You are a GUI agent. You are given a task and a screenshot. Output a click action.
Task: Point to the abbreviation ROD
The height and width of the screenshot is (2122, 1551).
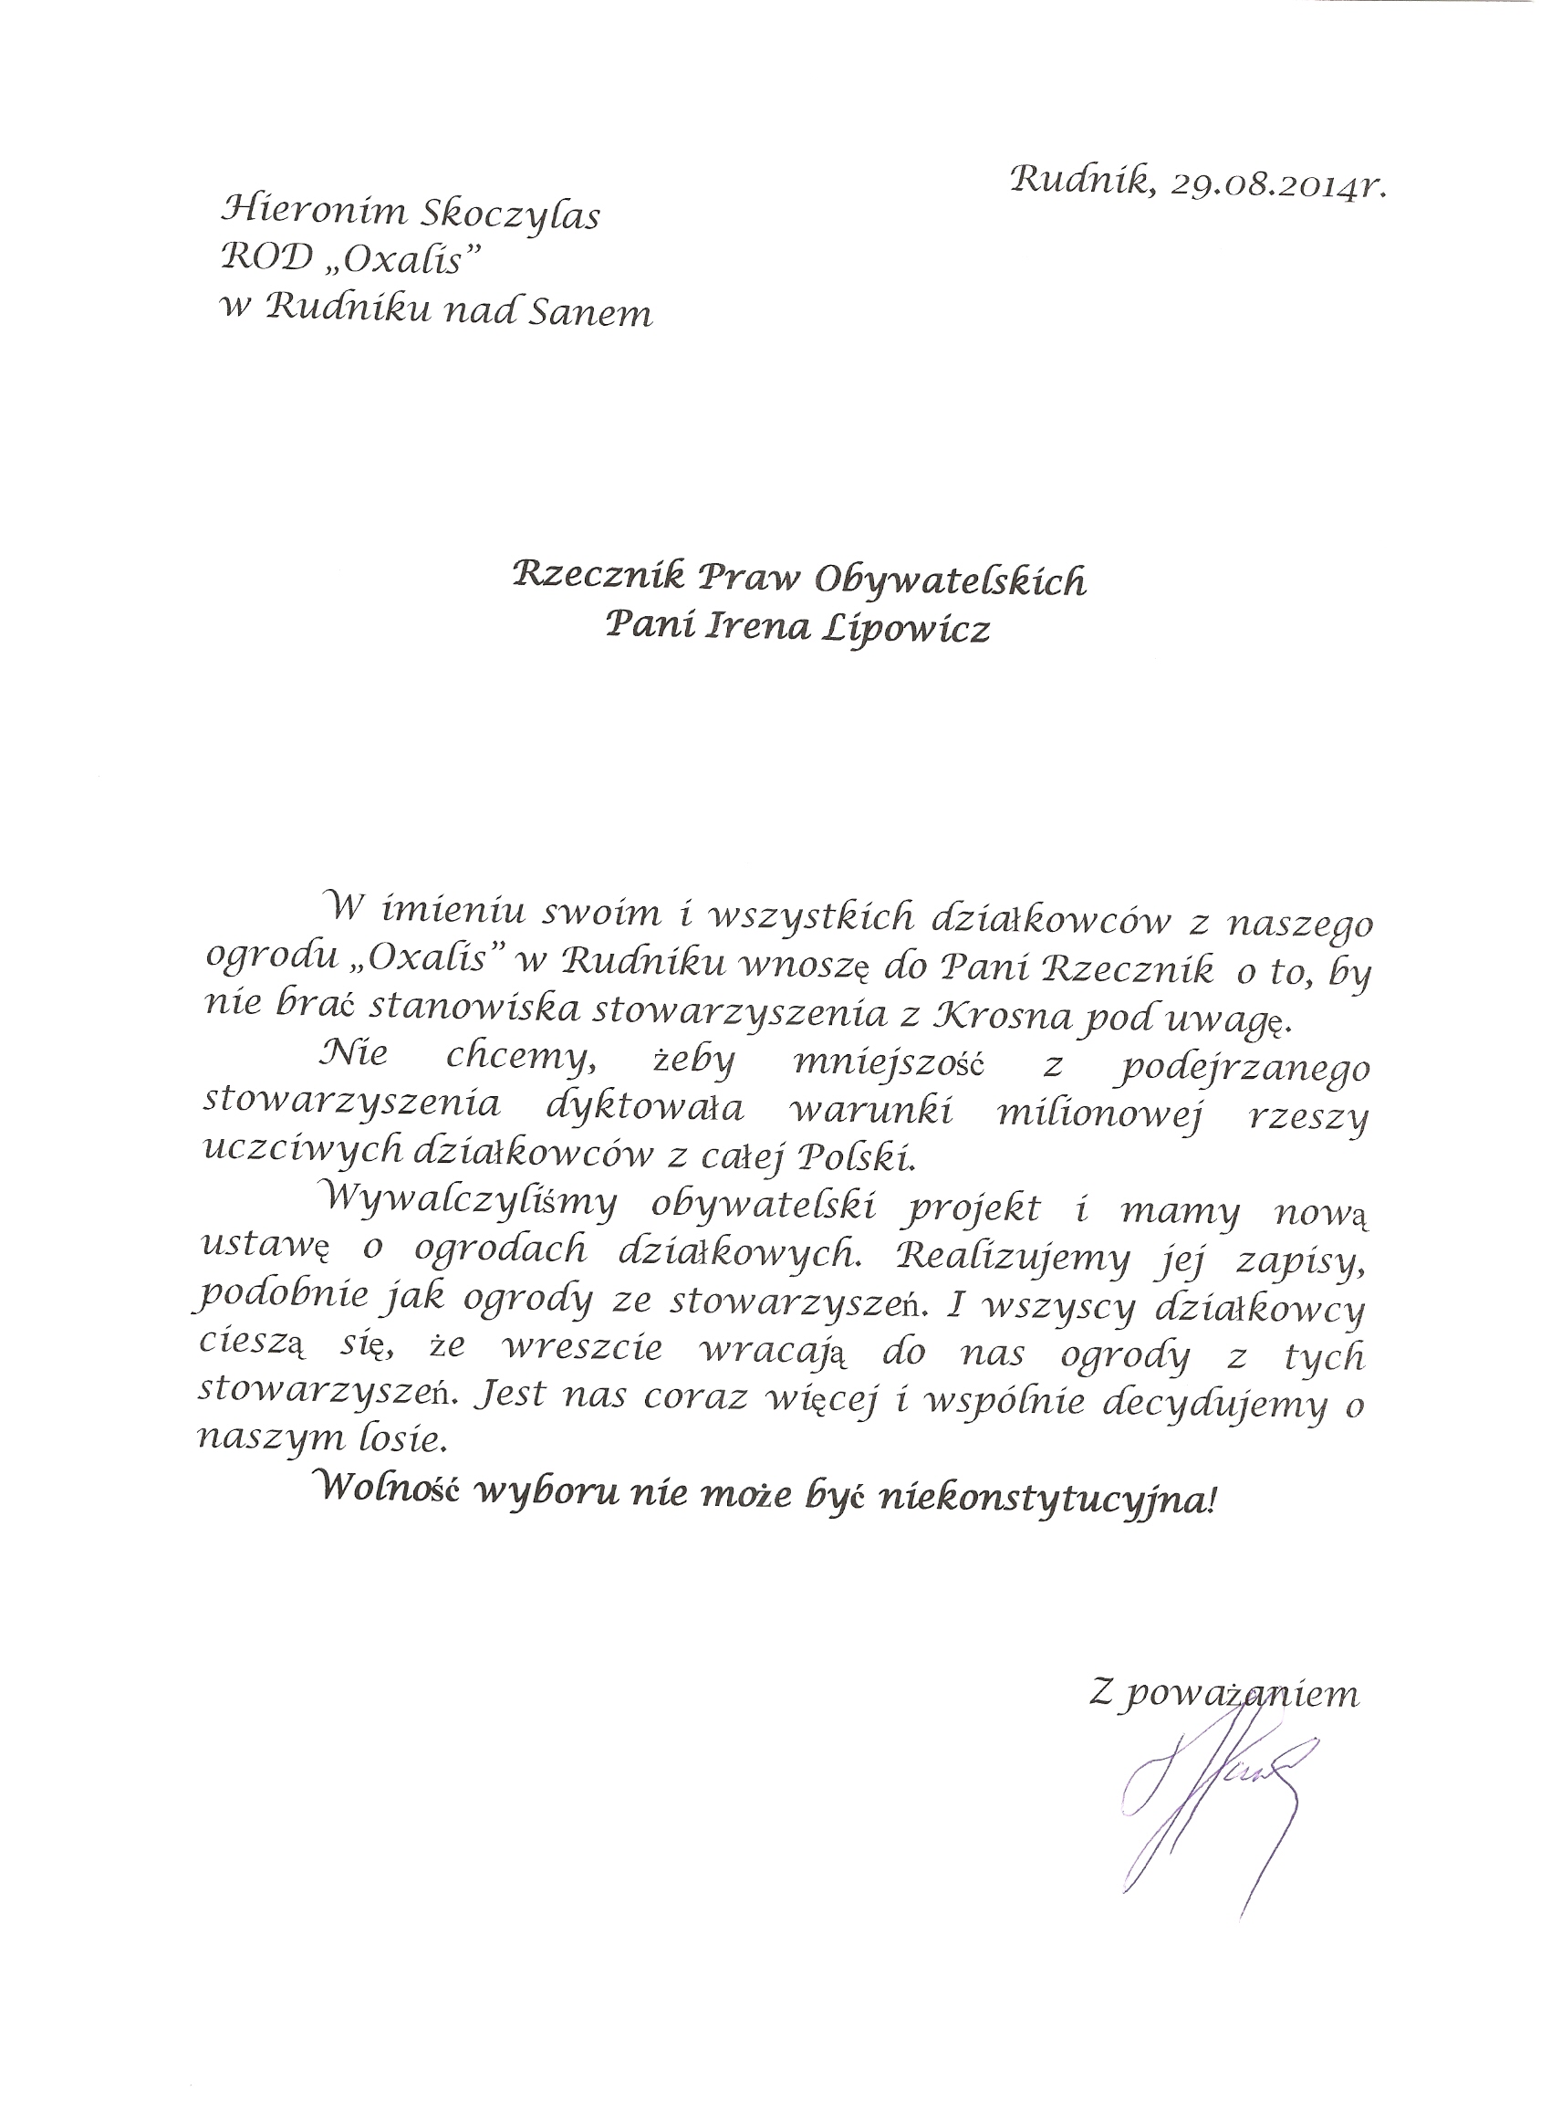pos(258,263)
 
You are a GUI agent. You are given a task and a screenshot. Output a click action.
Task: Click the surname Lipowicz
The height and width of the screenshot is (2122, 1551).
pos(906,630)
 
